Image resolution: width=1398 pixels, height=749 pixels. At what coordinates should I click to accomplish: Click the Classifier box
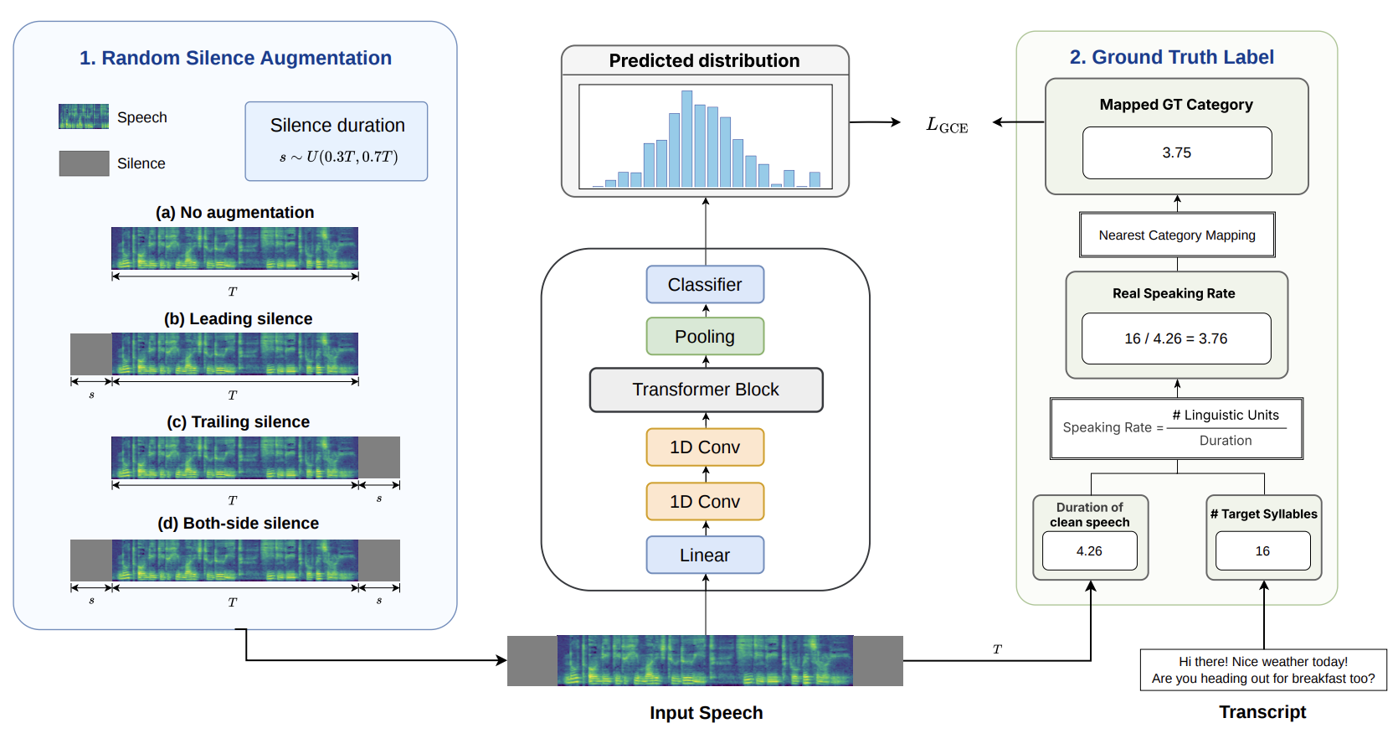coord(705,284)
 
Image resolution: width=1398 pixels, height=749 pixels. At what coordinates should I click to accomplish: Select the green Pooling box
coord(705,336)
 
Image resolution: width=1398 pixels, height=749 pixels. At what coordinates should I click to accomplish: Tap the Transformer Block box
coord(706,390)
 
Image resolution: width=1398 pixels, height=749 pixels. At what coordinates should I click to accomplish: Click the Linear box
coord(705,555)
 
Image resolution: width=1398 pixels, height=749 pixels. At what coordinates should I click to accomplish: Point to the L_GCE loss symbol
coord(947,125)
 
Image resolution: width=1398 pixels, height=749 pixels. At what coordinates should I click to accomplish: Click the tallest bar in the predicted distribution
coord(686,139)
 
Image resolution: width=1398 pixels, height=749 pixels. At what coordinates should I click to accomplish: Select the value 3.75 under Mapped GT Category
coord(1176,152)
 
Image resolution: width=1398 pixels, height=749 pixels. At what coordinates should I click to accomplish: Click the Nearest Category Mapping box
coord(1177,235)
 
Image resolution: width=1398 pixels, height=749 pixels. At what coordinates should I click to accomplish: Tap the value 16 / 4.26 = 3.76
coord(1176,338)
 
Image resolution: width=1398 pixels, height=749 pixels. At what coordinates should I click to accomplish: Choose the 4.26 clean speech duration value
coord(1089,551)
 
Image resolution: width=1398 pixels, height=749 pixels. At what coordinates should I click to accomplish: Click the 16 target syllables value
coord(1262,551)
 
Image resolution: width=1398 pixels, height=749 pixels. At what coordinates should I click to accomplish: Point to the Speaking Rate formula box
coord(1176,428)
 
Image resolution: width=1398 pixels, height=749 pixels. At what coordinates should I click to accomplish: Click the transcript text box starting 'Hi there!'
coord(1263,669)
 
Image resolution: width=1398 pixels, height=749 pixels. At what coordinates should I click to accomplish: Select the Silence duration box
coord(337,142)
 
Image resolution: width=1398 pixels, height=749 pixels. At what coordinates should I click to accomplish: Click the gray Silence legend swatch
coord(85,163)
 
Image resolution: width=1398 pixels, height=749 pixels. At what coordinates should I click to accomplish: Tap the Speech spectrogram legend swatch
coord(84,116)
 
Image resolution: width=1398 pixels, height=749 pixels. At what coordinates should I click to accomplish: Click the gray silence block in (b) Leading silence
coord(91,354)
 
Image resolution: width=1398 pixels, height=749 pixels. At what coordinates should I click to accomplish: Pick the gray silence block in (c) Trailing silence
coord(379,457)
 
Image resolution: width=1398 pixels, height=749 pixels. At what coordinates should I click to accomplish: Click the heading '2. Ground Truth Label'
coord(1171,57)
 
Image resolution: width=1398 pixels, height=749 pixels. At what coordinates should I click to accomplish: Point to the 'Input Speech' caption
coord(706,713)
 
